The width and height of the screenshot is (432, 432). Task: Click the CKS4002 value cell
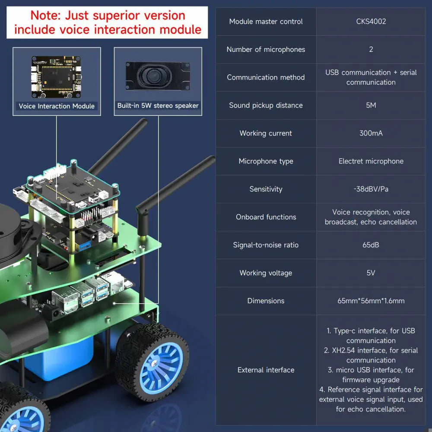(371, 22)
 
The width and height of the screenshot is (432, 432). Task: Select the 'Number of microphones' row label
(266, 50)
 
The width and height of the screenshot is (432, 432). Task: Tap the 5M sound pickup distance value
(371, 105)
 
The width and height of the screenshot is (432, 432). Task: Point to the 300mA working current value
(371, 133)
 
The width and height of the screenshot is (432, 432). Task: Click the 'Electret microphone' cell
(371, 161)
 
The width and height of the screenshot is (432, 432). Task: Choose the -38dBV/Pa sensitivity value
(371, 189)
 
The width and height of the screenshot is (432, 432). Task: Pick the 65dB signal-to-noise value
(371, 245)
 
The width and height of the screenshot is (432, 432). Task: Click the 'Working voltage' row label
(266, 273)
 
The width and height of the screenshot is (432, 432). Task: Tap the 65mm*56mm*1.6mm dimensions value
(371, 301)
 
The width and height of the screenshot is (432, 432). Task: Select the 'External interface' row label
(266, 370)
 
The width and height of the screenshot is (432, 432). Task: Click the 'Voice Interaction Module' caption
(57, 106)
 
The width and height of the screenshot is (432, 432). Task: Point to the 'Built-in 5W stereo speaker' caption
(158, 105)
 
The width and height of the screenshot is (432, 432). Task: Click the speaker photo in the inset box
(158, 76)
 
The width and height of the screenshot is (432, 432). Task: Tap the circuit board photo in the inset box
(57, 77)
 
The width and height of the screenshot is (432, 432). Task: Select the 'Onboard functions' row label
(266, 217)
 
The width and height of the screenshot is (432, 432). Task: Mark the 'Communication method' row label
(266, 77)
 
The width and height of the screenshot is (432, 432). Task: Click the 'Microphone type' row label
(266, 161)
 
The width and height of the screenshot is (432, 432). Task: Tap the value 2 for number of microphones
(371, 49)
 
